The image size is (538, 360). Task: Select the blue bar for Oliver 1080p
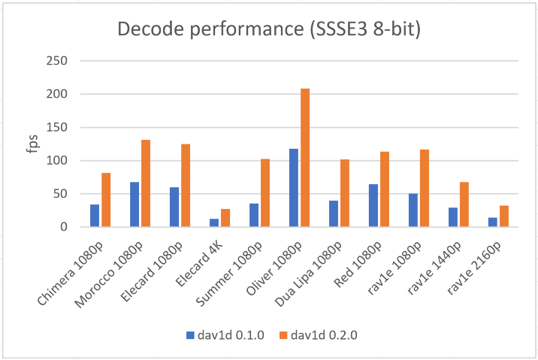pos(294,188)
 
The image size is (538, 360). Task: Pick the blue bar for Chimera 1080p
pos(95,216)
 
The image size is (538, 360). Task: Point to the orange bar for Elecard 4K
pos(225,218)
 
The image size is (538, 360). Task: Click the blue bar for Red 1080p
pos(373,205)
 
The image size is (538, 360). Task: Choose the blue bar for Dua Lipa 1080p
pos(334,214)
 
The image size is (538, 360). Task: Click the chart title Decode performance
pos(269,31)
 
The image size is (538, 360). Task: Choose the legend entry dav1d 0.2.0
pos(321,335)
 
